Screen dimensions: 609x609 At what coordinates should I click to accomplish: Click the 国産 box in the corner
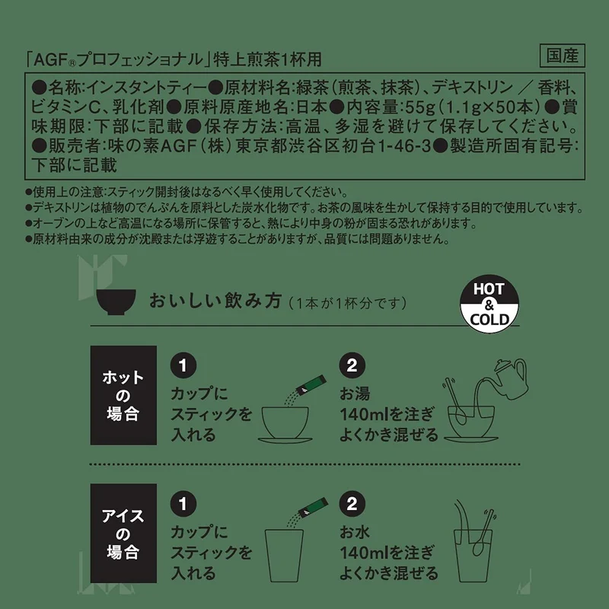(563, 56)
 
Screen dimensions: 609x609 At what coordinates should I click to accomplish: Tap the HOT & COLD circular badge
(489, 304)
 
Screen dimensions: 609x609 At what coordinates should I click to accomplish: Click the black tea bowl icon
(116, 301)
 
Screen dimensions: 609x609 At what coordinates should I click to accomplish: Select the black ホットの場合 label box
(123, 395)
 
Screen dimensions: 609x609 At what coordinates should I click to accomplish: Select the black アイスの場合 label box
(123, 534)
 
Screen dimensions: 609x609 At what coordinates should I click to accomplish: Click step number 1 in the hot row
(183, 365)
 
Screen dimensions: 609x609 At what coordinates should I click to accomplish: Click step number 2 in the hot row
(352, 365)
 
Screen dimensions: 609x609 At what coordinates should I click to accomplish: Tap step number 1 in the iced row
(183, 504)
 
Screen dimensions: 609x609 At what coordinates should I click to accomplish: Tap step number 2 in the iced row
(352, 504)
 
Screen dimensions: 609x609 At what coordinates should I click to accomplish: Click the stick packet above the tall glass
(313, 507)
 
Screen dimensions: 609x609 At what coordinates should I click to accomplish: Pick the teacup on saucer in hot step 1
(285, 425)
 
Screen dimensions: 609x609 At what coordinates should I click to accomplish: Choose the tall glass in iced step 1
(284, 556)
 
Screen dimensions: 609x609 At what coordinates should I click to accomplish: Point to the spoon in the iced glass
(483, 532)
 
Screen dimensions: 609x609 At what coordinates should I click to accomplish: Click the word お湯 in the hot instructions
(355, 394)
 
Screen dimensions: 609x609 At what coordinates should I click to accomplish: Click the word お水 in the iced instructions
(355, 532)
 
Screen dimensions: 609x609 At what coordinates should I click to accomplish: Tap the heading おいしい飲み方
(215, 301)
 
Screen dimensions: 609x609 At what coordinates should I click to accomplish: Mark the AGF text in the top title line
(51, 60)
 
